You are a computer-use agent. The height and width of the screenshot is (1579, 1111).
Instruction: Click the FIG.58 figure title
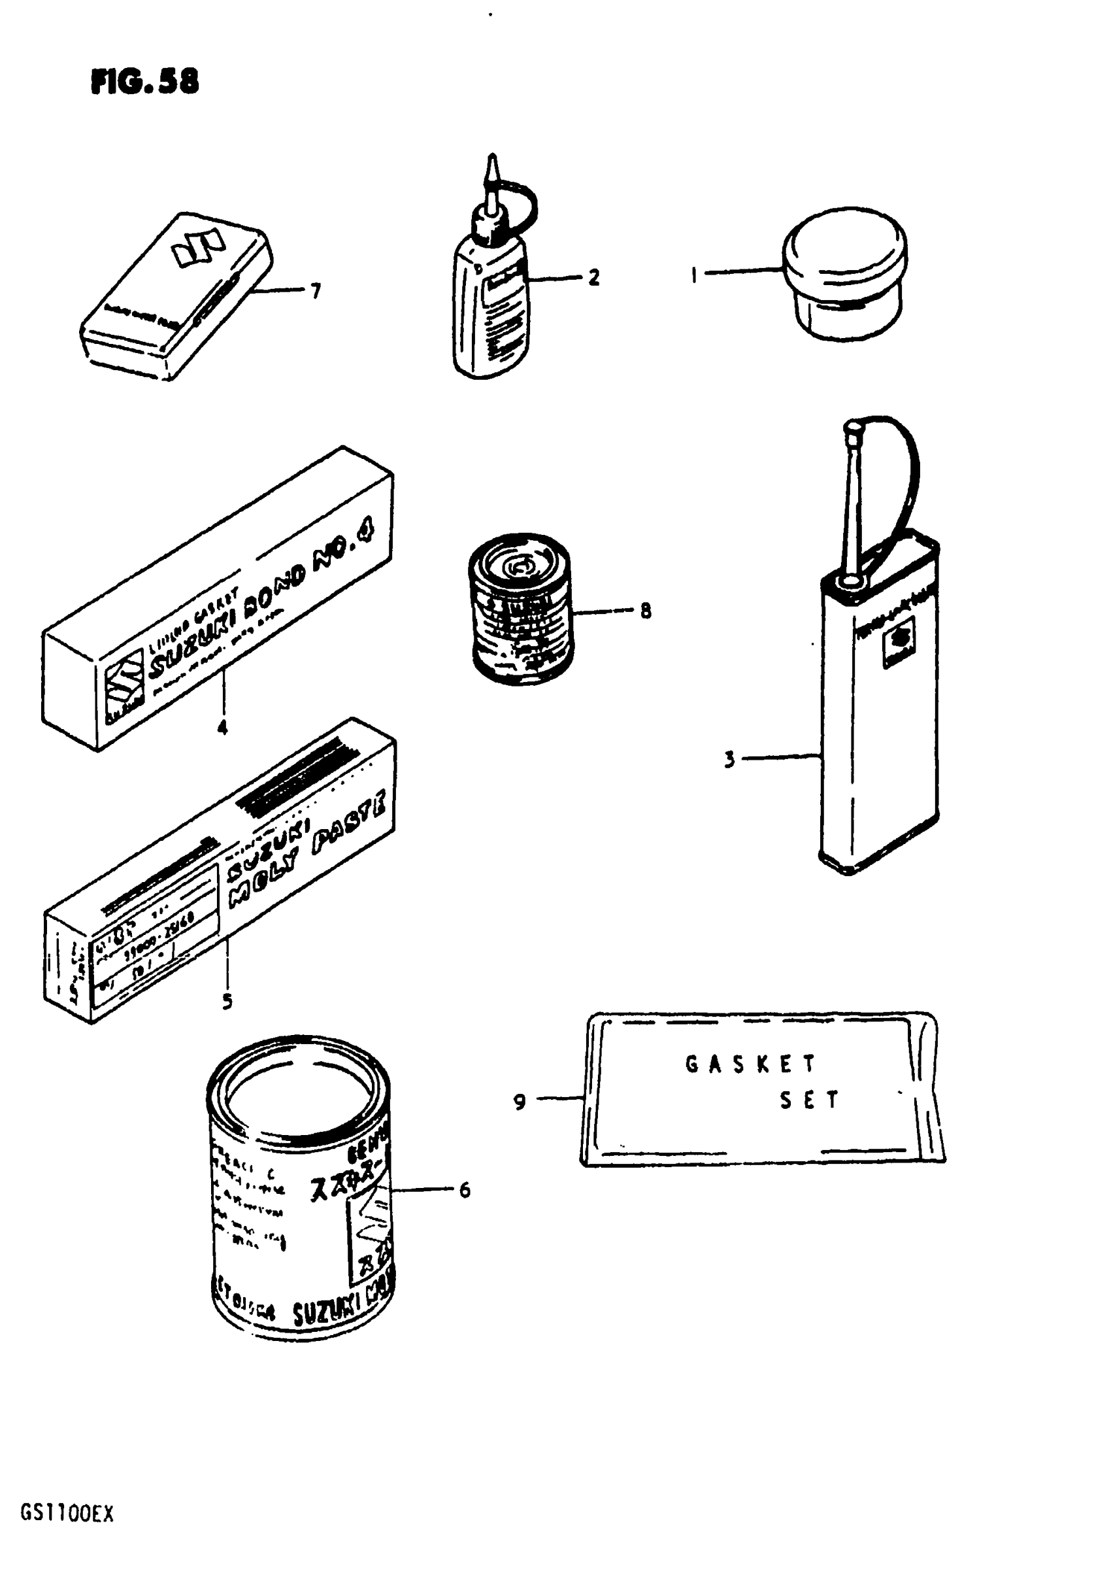click(144, 82)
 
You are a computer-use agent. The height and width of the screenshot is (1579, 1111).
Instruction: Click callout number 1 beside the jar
click(694, 276)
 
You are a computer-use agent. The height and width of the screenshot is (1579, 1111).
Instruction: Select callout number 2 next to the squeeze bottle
click(593, 277)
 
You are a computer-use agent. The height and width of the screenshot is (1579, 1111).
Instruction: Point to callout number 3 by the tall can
click(729, 759)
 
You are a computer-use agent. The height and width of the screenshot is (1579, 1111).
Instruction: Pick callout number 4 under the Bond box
click(222, 728)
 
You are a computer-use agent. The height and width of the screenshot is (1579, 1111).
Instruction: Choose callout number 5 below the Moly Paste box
click(227, 1000)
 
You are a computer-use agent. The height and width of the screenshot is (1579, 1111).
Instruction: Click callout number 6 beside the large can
click(465, 1190)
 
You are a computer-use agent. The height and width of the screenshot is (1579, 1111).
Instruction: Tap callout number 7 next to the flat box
click(316, 292)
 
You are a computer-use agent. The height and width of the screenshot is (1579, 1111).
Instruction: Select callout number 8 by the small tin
click(646, 610)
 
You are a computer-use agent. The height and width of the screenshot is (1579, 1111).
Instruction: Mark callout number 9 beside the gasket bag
click(520, 1102)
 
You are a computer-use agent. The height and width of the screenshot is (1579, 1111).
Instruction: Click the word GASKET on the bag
click(750, 1064)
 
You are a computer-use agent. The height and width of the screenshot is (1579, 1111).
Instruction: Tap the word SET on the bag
click(809, 1100)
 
